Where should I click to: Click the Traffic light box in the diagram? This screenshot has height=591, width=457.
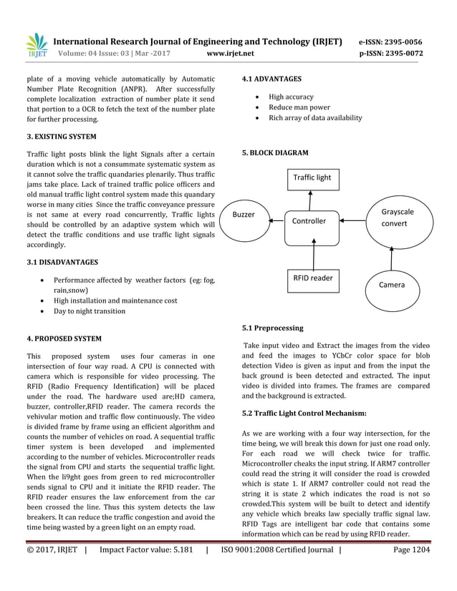click(x=312, y=177)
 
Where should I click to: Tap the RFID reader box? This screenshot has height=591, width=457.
click(x=312, y=278)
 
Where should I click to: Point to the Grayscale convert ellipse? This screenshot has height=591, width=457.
click(x=398, y=218)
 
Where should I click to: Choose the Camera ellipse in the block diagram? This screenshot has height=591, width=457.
click(x=391, y=284)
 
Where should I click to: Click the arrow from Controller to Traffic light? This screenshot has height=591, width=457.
click(x=312, y=199)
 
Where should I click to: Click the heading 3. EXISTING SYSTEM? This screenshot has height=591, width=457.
click(x=61, y=136)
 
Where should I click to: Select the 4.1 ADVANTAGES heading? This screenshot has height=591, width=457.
click(x=271, y=79)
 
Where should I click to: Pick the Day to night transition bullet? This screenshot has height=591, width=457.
click(x=90, y=311)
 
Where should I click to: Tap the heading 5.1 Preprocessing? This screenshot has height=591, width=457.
click(x=272, y=328)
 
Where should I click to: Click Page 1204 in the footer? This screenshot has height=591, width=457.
click(x=412, y=550)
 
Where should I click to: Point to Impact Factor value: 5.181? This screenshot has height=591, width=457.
click(x=146, y=550)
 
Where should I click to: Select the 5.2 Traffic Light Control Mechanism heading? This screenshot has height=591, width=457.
click(x=304, y=414)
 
